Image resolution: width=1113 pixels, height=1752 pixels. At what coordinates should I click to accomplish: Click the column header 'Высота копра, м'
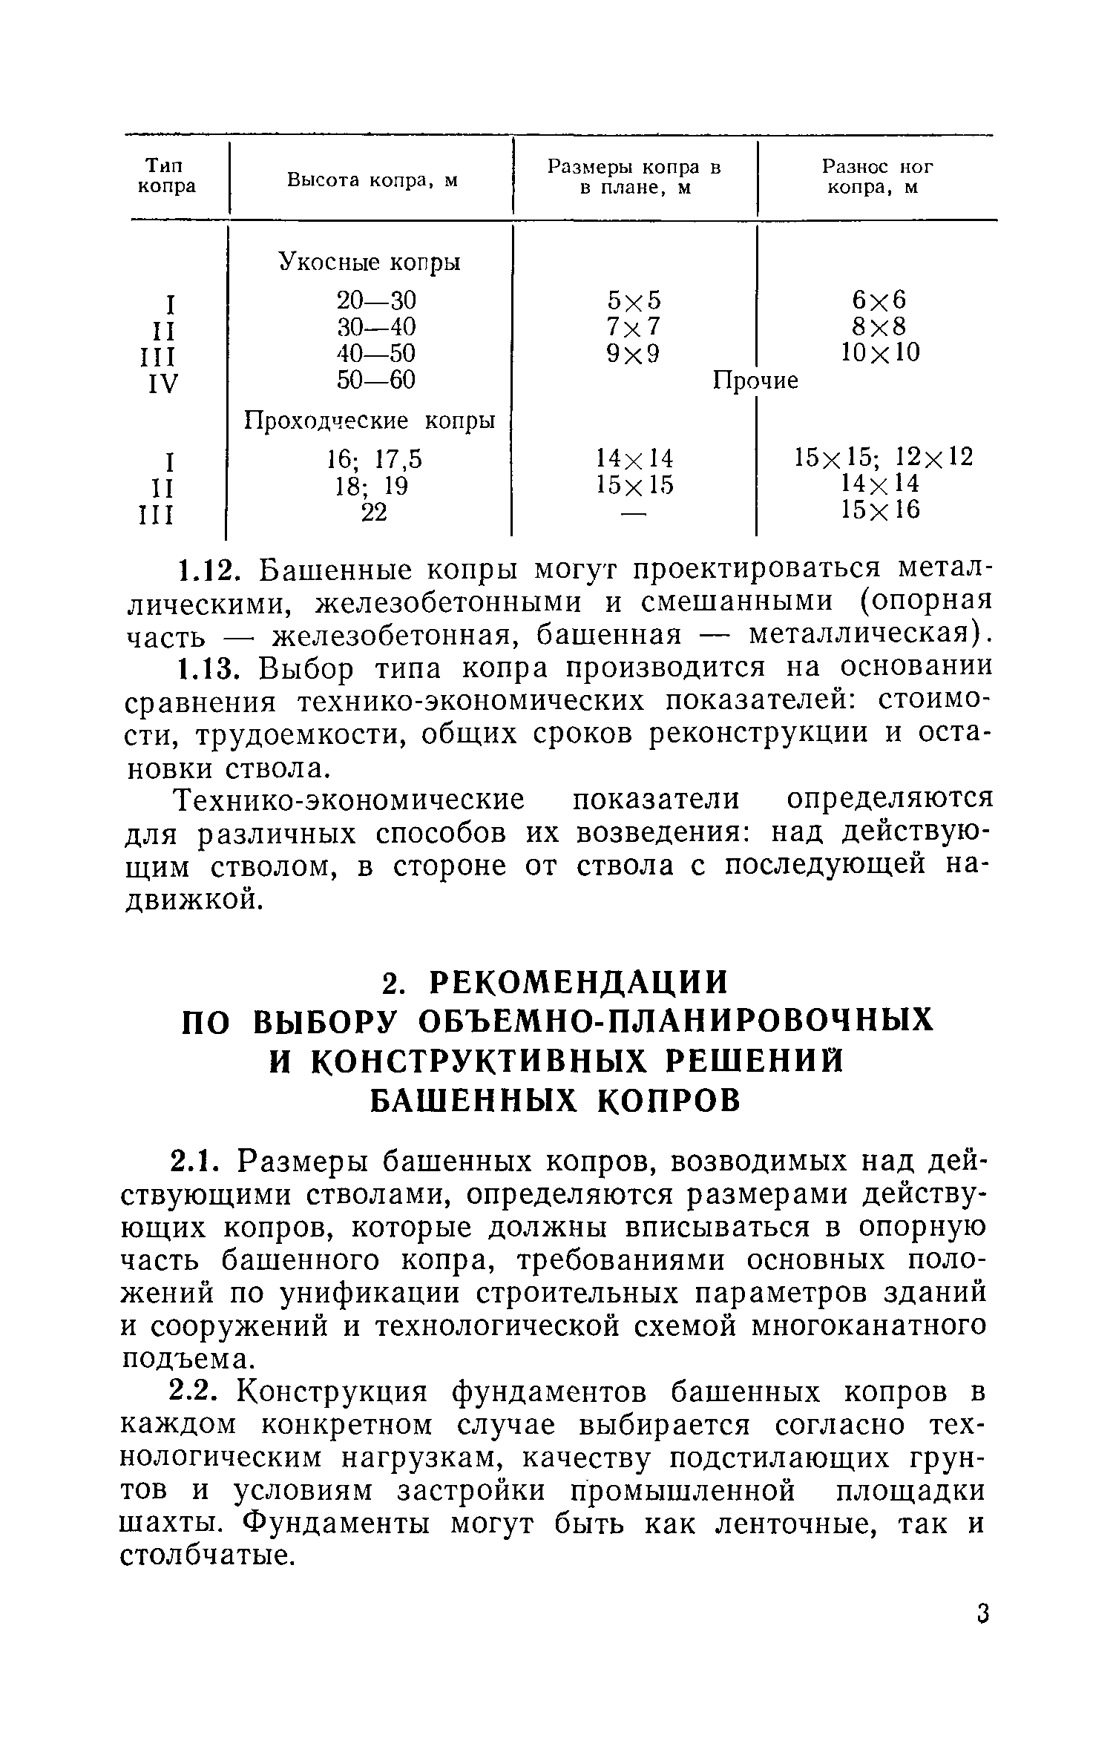(x=372, y=180)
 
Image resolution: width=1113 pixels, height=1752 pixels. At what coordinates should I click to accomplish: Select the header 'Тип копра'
(x=167, y=176)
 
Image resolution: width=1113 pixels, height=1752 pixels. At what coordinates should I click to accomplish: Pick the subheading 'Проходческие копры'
(x=370, y=421)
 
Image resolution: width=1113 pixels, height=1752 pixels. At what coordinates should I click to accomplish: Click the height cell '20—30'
(x=376, y=300)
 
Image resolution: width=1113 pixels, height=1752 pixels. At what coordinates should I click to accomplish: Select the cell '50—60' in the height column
(x=376, y=381)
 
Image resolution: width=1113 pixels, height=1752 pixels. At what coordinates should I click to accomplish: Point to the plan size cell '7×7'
(x=633, y=326)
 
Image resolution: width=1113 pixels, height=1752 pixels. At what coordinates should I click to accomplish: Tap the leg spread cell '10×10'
(x=880, y=352)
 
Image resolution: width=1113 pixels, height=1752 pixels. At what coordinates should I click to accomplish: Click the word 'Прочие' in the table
(x=755, y=381)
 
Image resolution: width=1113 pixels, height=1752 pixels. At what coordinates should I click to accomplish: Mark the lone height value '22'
(x=374, y=512)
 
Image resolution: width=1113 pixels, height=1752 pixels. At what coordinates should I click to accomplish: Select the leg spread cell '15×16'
(x=880, y=510)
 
